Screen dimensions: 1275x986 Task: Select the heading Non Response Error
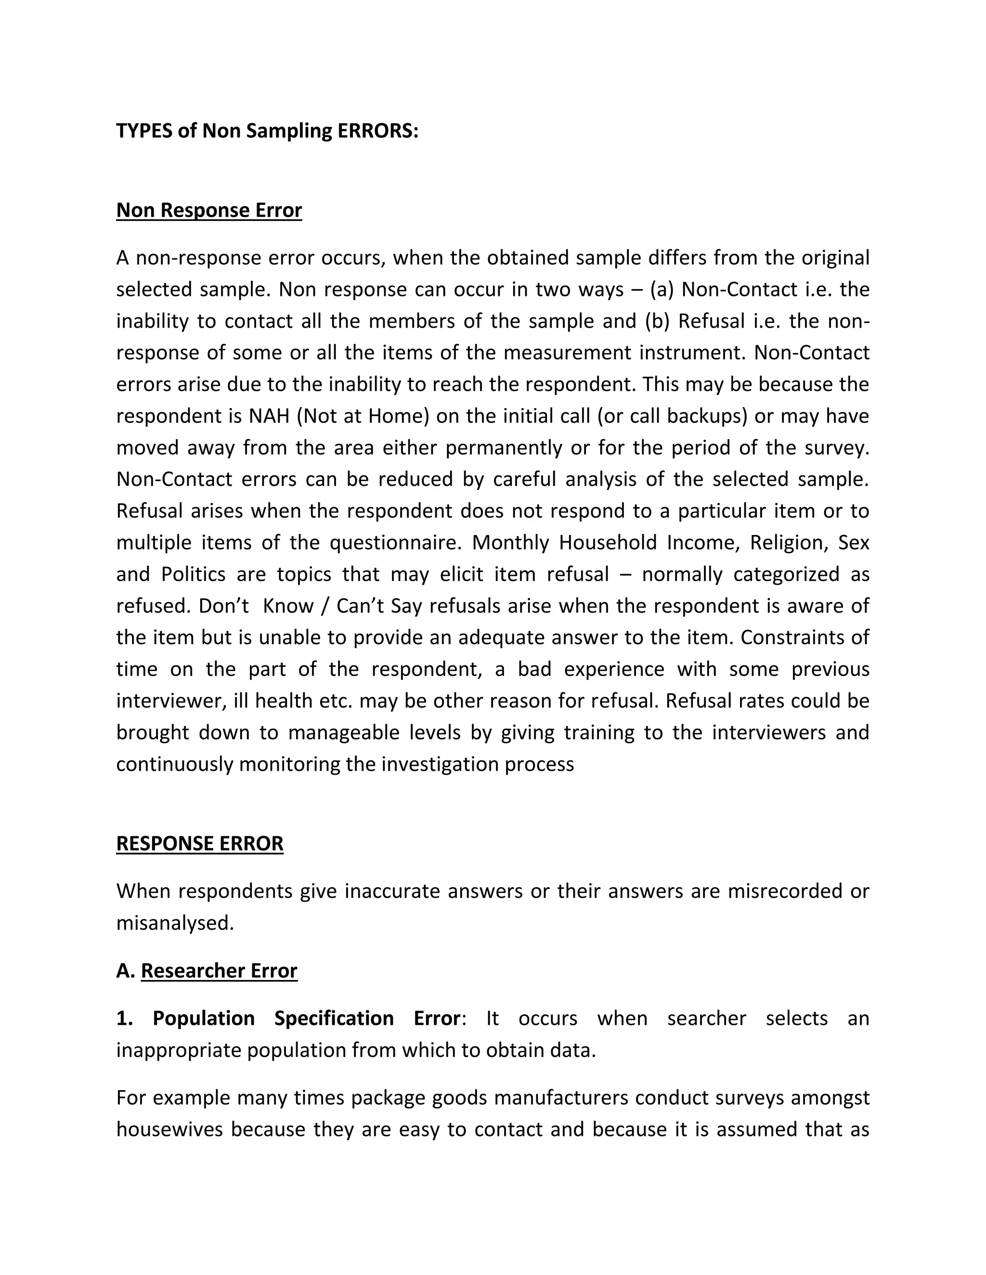(208, 210)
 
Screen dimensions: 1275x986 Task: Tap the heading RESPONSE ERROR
(200, 843)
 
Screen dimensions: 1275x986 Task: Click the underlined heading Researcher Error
(219, 970)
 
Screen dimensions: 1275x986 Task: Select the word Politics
(194, 574)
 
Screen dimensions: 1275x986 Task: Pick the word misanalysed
(175, 923)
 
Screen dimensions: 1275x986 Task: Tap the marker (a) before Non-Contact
(662, 290)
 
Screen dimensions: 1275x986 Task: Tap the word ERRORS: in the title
(378, 131)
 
